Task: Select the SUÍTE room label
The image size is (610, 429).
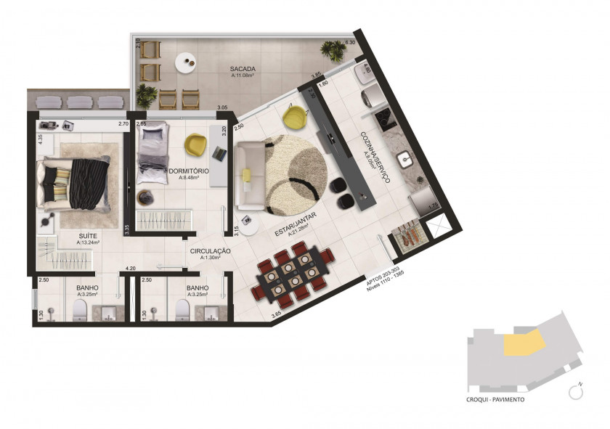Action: pyautogui.click(x=89, y=236)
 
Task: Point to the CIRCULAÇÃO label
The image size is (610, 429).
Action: pyautogui.click(x=210, y=251)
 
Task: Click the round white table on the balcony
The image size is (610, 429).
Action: pyautogui.click(x=188, y=61)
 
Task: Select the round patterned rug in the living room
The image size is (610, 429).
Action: pyautogui.click(x=293, y=172)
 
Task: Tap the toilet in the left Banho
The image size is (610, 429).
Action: pyautogui.click(x=80, y=311)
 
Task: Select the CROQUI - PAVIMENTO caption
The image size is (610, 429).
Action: pyautogui.click(x=496, y=400)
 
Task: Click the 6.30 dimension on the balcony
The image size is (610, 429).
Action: pyautogui.click(x=350, y=43)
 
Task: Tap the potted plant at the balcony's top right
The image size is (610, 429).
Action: pyautogui.click(x=333, y=51)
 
